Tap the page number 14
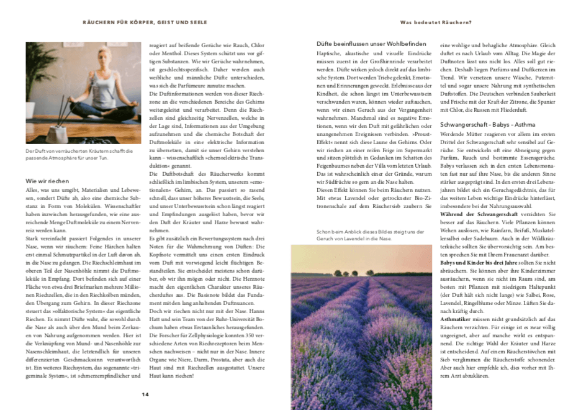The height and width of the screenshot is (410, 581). [x=145, y=394]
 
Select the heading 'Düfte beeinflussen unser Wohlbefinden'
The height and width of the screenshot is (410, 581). [x=362, y=43]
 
